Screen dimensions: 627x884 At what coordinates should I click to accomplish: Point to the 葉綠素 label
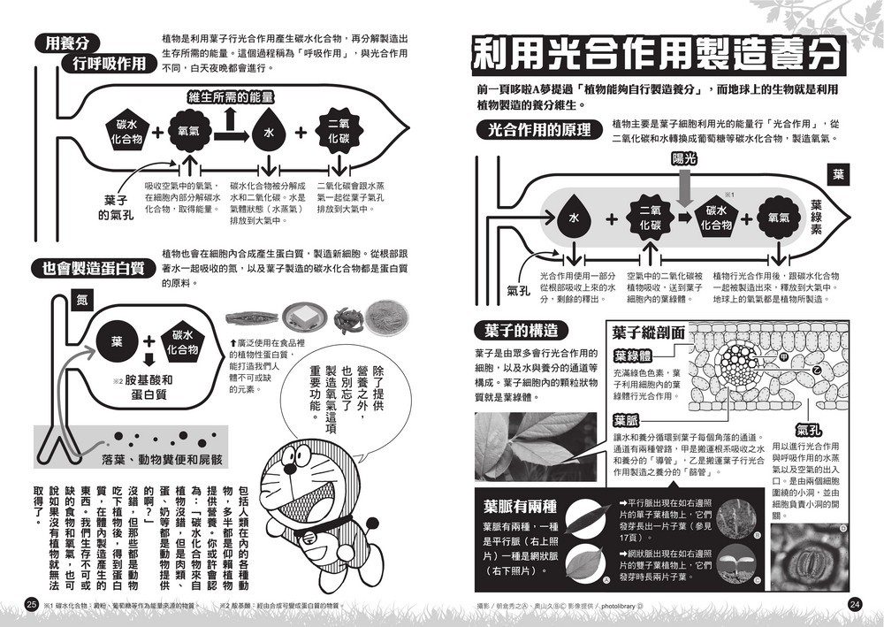point(816,218)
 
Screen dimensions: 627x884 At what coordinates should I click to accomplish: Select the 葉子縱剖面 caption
point(647,333)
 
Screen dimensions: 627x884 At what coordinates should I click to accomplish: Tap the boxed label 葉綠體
point(633,356)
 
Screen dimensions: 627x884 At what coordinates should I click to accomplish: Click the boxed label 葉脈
point(626,421)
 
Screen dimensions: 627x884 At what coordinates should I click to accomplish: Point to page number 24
point(853,605)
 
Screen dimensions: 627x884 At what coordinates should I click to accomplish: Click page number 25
point(32,605)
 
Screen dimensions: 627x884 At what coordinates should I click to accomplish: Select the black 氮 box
point(81,301)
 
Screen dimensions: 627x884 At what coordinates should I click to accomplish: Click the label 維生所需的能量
point(230,97)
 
